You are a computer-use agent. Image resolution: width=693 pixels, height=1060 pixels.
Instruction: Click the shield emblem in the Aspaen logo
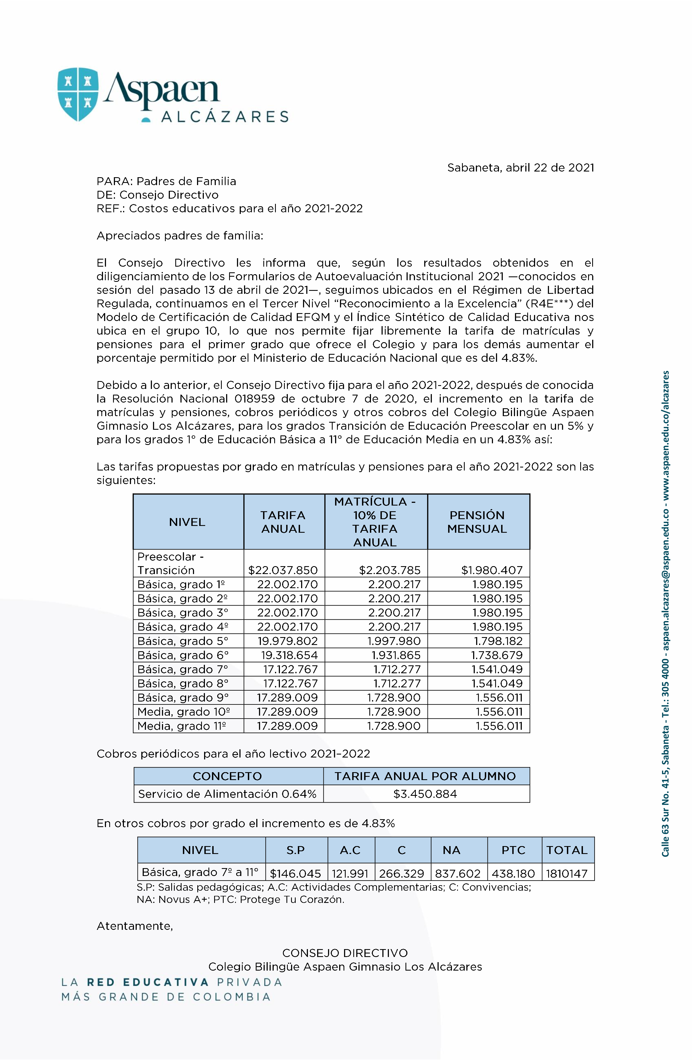point(78,94)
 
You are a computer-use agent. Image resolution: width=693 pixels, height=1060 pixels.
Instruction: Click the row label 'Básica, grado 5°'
point(183,641)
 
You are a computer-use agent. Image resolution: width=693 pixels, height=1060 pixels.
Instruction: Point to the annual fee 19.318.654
point(289,655)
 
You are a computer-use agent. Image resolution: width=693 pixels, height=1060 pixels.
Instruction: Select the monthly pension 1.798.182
point(498,641)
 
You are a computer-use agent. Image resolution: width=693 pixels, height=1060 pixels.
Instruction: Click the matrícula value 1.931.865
point(396,655)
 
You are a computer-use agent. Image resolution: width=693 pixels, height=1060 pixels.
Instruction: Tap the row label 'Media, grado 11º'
point(182,726)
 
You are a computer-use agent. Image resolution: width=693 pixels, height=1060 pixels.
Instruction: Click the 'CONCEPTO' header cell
point(227,776)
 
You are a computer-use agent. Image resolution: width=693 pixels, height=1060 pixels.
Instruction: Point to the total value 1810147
point(567,873)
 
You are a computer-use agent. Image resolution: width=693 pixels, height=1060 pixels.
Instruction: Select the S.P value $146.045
point(295,873)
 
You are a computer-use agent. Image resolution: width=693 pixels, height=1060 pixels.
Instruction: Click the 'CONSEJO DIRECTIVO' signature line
point(345,953)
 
